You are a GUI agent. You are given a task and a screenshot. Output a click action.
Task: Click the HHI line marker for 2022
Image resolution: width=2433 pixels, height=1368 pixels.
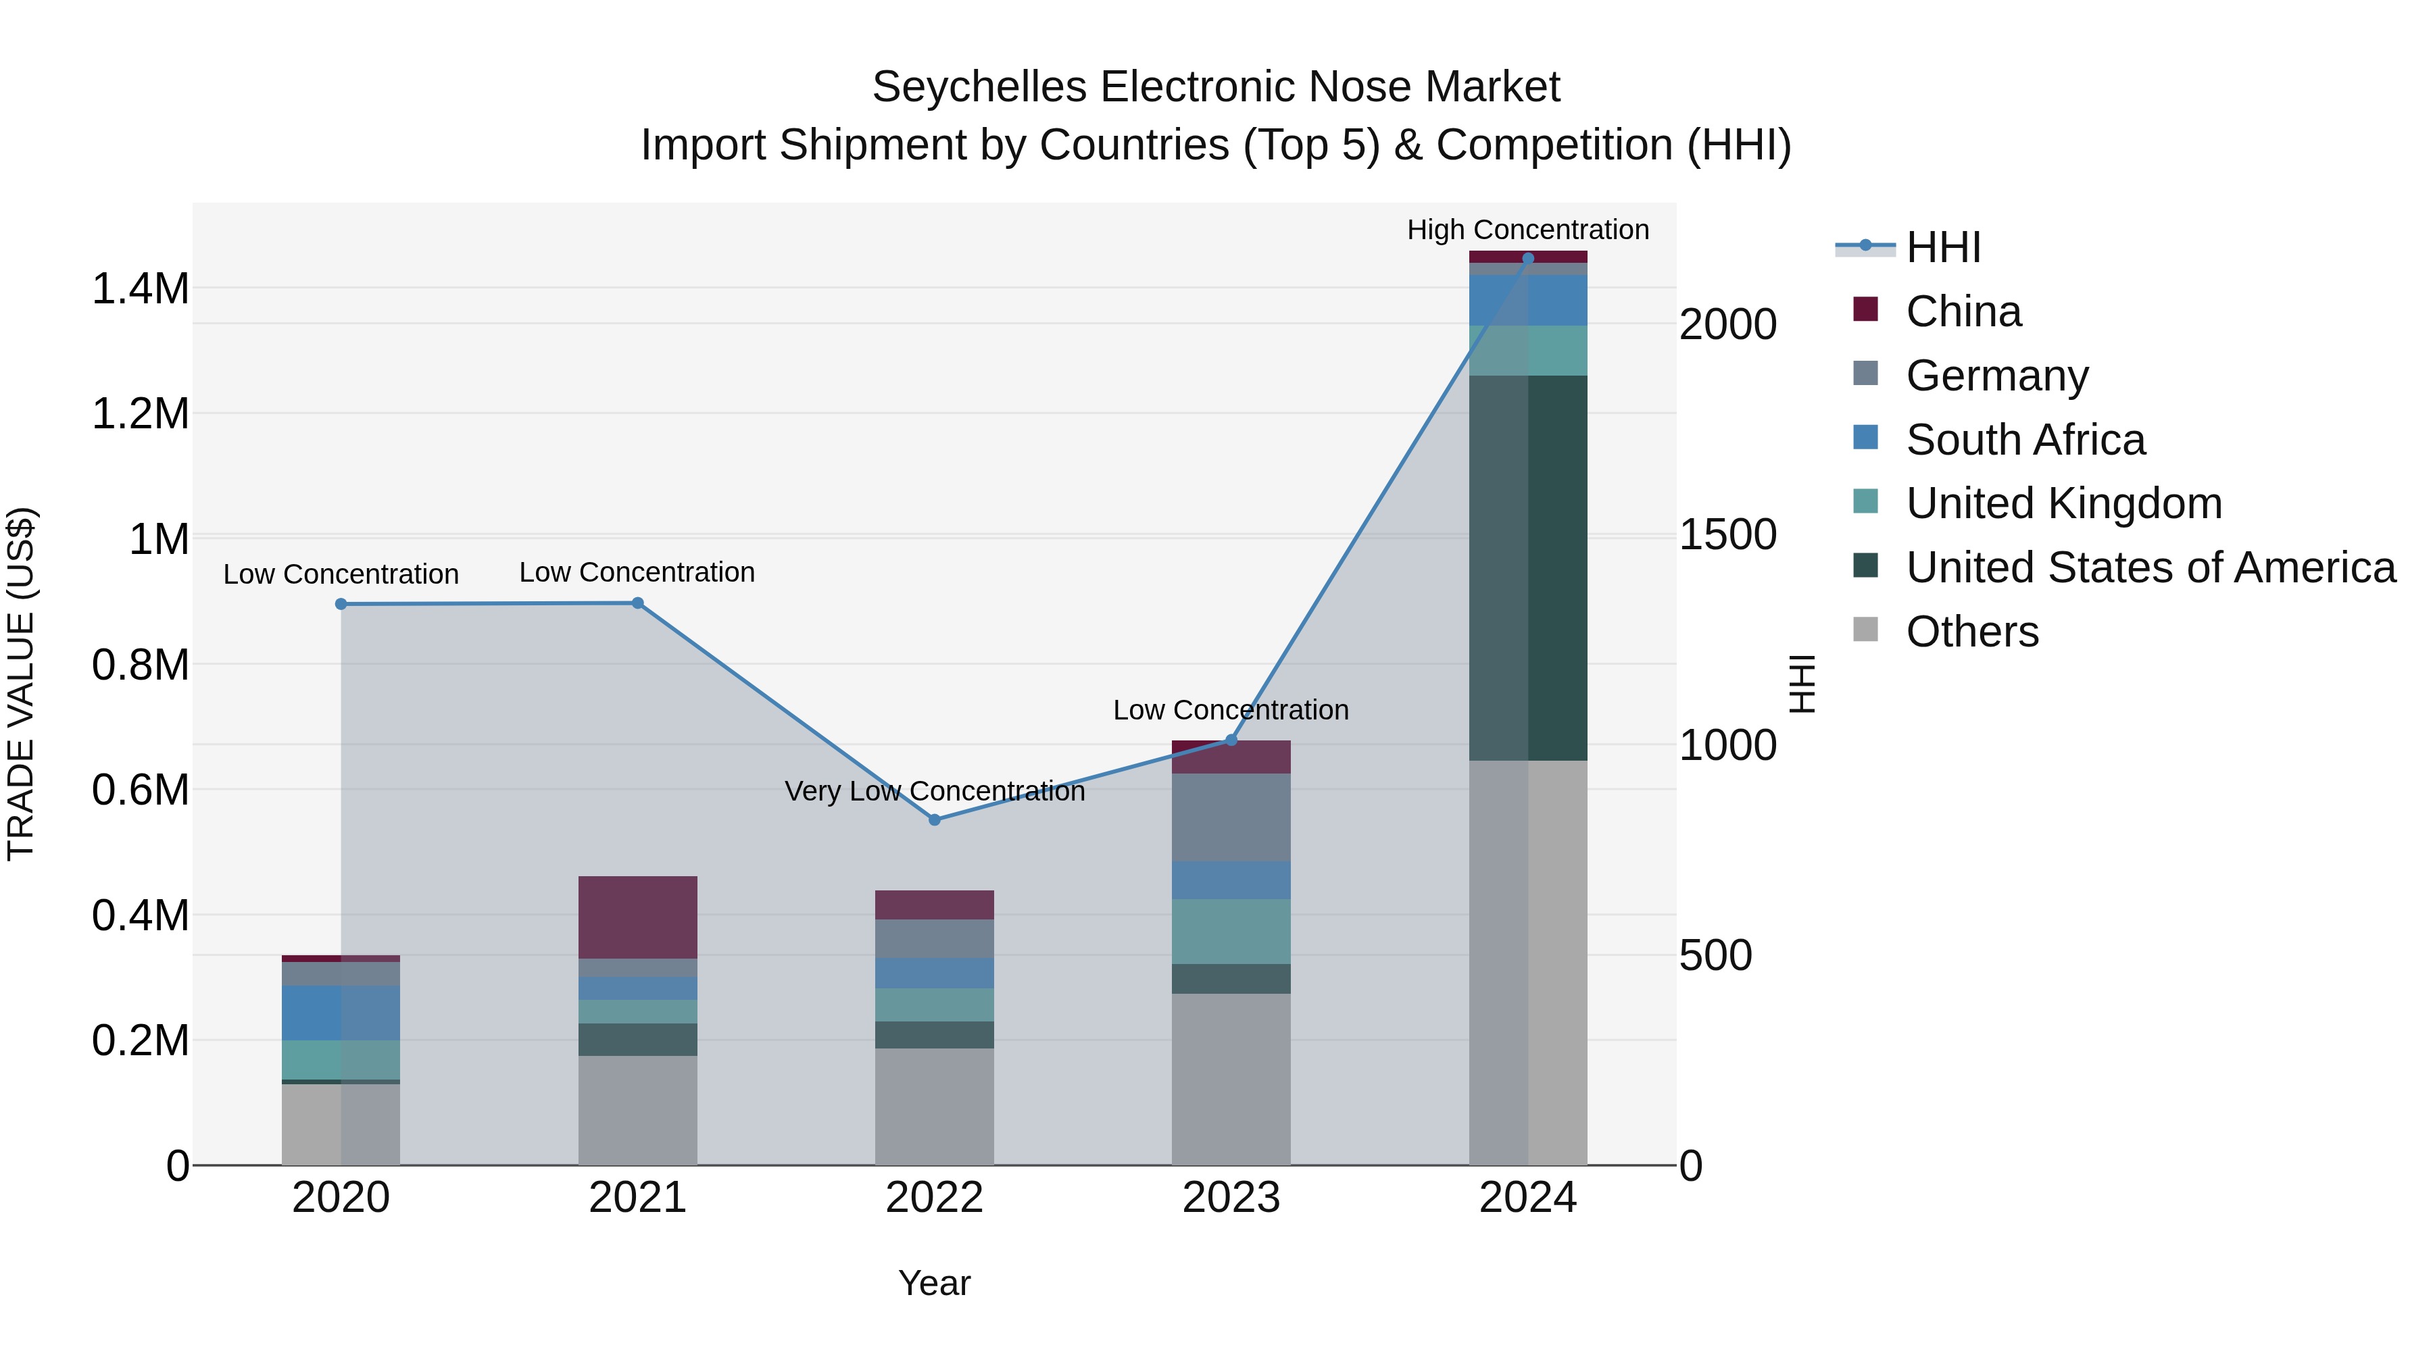click(x=934, y=819)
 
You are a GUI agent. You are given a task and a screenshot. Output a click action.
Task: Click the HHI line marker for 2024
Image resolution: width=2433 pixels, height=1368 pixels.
click(x=1528, y=258)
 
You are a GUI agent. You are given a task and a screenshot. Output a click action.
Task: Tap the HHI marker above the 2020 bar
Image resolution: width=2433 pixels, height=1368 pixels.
click(x=341, y=604)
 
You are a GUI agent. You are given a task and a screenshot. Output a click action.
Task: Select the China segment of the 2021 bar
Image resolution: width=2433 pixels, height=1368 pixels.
click(x=637, y=917)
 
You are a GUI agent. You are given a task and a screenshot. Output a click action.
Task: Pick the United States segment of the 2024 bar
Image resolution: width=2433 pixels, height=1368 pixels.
click(x=1528, y=567)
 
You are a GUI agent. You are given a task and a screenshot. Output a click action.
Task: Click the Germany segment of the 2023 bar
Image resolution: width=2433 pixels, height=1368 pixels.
click(x=1231, y=817)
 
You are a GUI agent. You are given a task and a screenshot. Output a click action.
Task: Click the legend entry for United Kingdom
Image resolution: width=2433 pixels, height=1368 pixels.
click(x=2064, y=503)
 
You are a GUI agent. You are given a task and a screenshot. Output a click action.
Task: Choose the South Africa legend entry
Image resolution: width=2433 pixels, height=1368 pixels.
click(x=2025, y=440)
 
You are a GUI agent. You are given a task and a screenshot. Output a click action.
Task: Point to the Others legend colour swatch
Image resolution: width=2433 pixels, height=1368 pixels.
click(x=1865, y=629)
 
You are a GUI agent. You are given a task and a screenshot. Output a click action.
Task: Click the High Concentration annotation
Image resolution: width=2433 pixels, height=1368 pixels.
click(x=1527, y=230)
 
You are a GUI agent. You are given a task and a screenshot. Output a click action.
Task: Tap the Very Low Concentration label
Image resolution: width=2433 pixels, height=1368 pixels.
click(x=934, y=791)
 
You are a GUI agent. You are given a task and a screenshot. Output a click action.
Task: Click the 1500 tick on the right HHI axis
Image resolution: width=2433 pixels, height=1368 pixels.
click(x=1727, y=534)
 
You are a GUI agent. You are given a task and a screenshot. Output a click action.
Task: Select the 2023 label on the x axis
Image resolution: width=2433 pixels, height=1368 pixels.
click(x=1231, y=1198)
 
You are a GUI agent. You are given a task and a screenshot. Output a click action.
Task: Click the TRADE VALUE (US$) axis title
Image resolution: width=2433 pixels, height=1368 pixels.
click(x=21, y=684)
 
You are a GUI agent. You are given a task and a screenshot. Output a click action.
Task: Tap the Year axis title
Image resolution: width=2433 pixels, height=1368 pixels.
click(x=934, y=1283)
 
